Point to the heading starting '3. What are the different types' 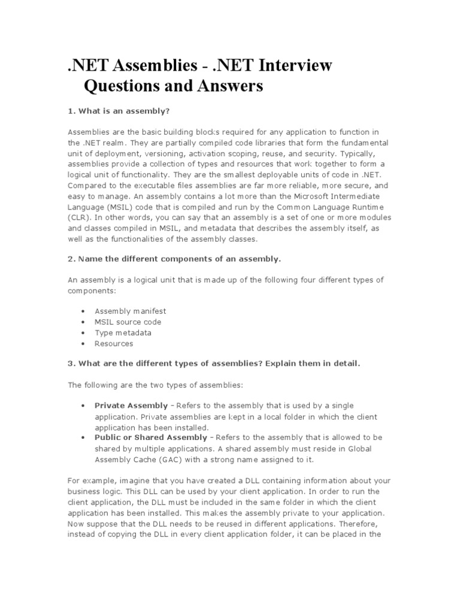pyautogui.click(x=214, y=363)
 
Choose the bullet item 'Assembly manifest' pyautogui.click(x=130, y=311)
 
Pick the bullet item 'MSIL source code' pyautogui.click(x=128, y=322)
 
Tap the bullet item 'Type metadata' pyautogui.click(x=123, y=333)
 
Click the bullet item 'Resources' pyautogui.click(x=114, y=344)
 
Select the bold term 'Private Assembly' pyautogui.click(x=131, y=406)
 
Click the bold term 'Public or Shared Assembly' pyautogui.click(x=150, y=438)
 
